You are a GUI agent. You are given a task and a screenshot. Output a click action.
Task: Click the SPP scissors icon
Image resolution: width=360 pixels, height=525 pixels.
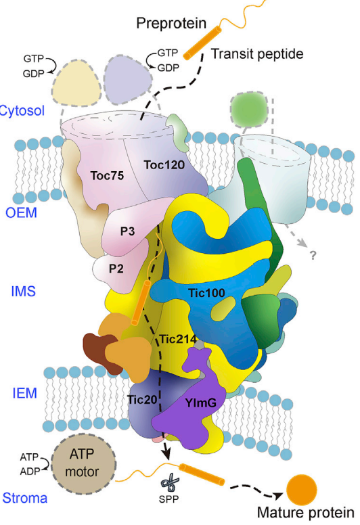(170, 482)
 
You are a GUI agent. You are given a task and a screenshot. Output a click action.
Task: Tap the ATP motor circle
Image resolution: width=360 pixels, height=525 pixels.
(84, 463)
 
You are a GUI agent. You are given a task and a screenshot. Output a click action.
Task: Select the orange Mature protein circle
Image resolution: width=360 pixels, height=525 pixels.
(301, 489)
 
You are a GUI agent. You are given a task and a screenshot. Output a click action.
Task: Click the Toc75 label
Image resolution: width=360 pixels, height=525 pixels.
(107, 175)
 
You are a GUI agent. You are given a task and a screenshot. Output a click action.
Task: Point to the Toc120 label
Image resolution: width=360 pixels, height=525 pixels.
(164, 164)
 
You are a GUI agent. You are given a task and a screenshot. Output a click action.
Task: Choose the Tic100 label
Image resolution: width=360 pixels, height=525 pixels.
(206, 293)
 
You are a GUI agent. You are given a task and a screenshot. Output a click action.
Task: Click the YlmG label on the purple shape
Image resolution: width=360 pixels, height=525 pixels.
(200, 403)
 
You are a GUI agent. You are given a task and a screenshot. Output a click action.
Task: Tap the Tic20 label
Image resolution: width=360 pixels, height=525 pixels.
(142, 400)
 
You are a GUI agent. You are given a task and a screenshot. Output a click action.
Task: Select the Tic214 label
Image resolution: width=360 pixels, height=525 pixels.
(178, 339)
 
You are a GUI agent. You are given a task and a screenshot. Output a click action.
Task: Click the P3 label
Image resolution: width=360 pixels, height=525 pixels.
(128, 231)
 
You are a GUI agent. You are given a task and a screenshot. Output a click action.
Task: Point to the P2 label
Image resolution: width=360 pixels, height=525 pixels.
(116, 268)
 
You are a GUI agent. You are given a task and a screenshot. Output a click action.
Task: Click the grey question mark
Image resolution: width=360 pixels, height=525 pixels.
(313, 255)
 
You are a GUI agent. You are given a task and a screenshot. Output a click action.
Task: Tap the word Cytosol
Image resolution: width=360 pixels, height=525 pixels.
(22, 110)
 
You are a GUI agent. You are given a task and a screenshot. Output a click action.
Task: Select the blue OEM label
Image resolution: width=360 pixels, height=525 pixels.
(21, 212)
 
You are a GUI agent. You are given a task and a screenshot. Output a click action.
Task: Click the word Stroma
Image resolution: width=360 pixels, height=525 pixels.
(25, 498)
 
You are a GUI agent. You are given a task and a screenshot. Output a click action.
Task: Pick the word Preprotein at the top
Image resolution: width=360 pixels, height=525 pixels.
(171, 24)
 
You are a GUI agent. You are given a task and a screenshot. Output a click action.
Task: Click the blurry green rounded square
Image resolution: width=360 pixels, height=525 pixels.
(249, 109)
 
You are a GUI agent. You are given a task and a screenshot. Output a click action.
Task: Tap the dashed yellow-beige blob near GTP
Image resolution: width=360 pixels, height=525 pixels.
(76, 83)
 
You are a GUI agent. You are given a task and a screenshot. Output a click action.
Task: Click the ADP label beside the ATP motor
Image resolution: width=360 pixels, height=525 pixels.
(30, 471)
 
